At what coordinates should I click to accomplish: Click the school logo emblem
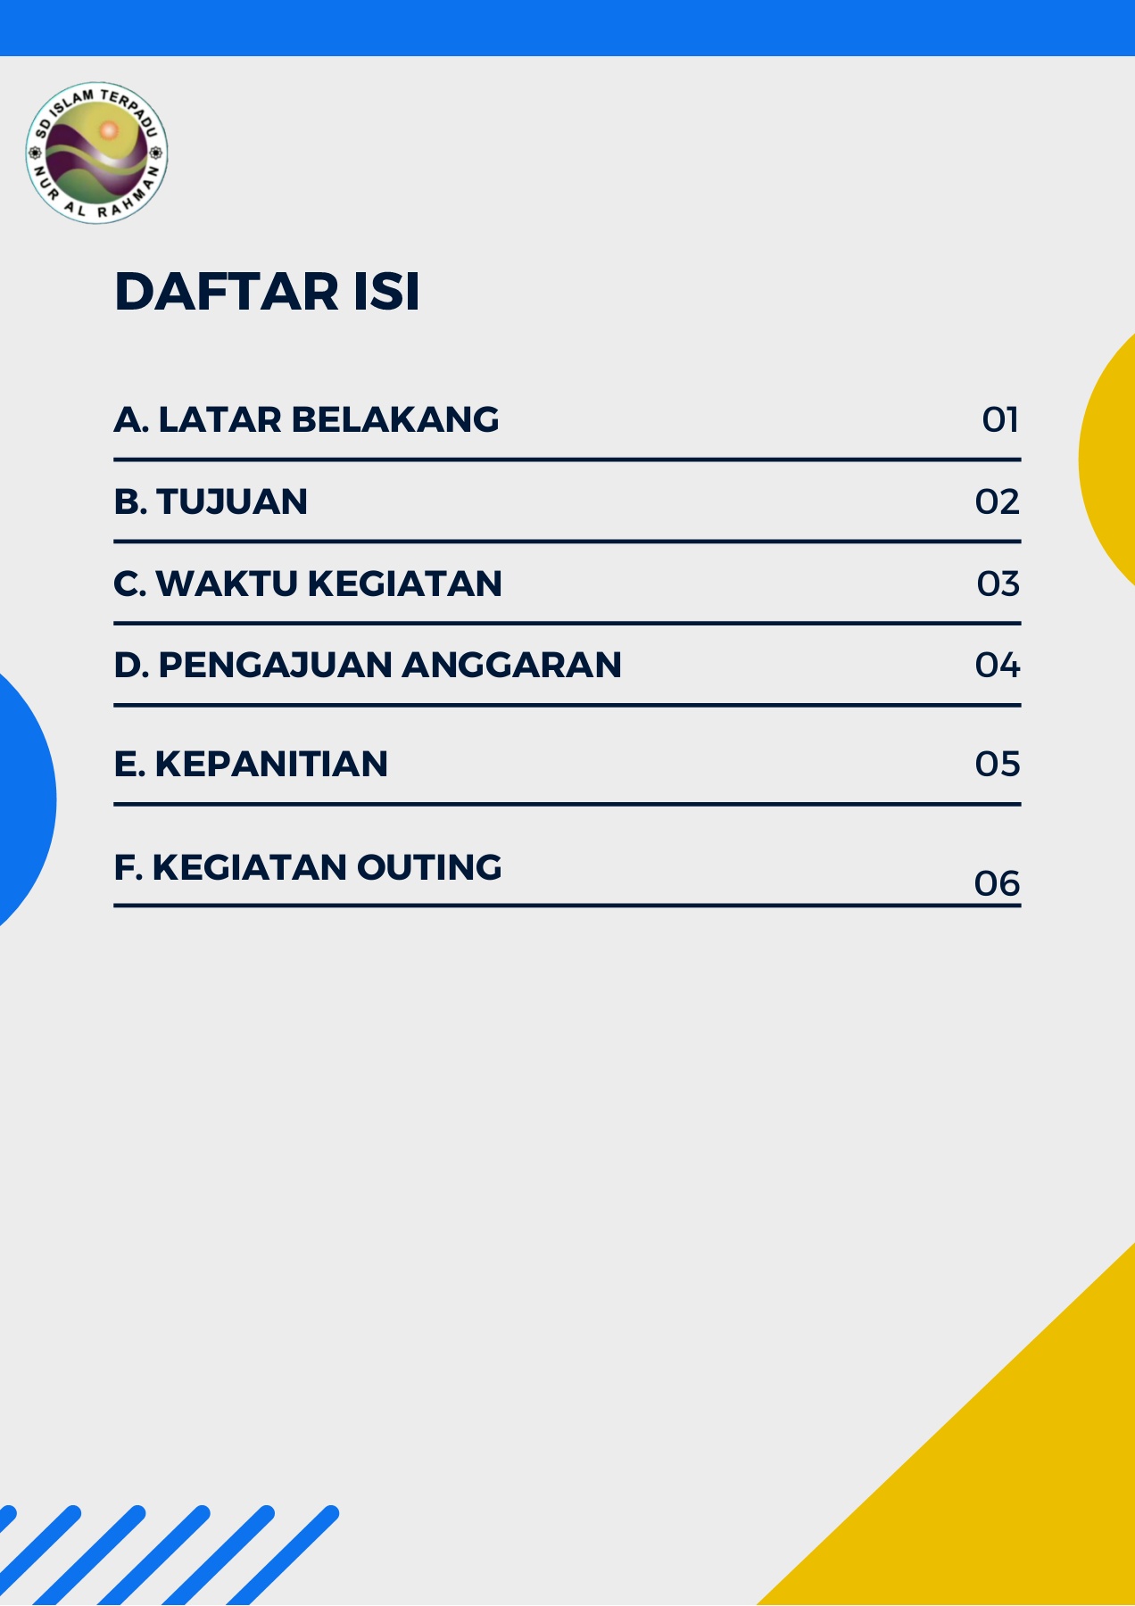tap(97, 152)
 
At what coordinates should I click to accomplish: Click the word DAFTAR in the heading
tap(228, 292)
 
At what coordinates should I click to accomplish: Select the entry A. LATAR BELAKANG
tap(306, 419)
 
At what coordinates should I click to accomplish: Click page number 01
tap(1000, 419)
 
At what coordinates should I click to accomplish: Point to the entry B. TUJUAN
tap(211, 501)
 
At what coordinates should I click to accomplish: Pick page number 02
tap(997, 501)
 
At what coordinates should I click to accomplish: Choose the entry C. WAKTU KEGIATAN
tap(308, 584)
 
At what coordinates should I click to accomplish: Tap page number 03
tap(998, 584)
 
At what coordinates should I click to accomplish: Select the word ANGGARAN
tap(512, 666)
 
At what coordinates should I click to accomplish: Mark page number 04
tap(997, 666)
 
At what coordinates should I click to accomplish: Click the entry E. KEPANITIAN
tap(251, 764)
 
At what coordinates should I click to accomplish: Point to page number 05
tap(997, 764)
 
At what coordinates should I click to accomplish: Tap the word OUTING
tap(429, 867)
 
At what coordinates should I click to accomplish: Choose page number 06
tap(997, 883)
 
